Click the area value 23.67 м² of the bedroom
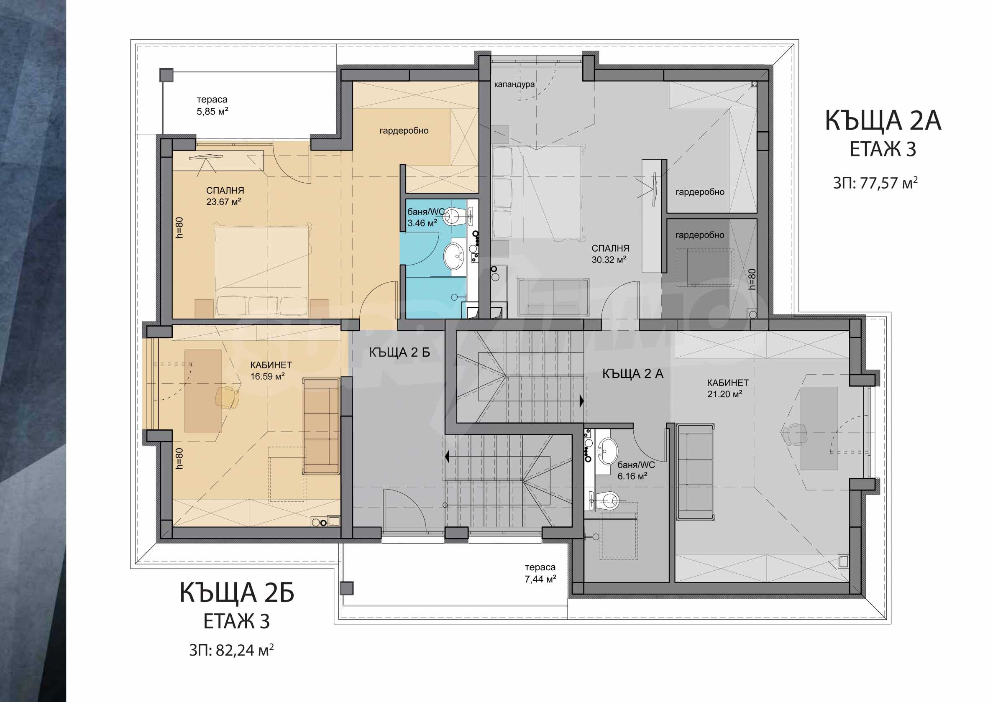pos(224,202)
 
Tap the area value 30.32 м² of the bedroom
pos(609,260)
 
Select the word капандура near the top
pos(514,84)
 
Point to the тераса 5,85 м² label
pos(212,105)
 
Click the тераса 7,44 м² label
pos(540,573)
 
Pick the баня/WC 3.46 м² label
pos(426,217)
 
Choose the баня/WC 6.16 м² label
pos(636,470)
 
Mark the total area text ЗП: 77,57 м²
pos(875,183)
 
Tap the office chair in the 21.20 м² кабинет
pos(794,434)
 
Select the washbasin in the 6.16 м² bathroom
pos(608,450)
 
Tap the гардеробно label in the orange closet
pos(404,130)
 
